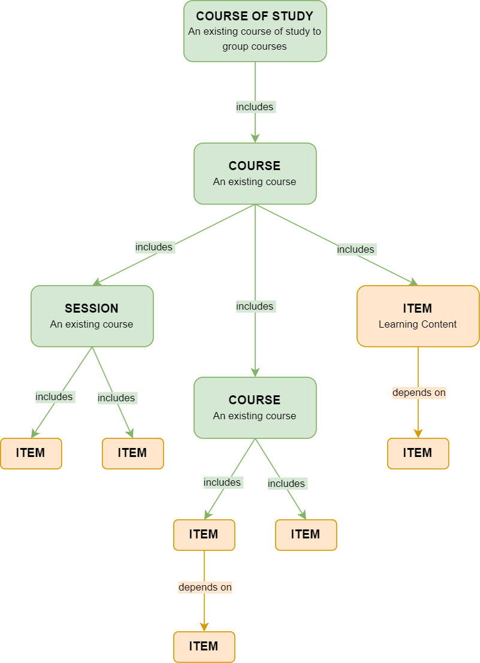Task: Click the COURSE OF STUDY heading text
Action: tap(255, 16)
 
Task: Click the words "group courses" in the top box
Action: tap(255, 46)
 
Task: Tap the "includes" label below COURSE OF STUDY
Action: tap(255, 107)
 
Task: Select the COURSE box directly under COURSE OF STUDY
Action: tap(255, 173)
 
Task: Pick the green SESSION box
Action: tap(92, 316)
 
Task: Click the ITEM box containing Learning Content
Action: tap(418, 316)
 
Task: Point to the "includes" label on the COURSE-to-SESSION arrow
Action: tap(154, 247)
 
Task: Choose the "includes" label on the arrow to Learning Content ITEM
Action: tap(355, 249)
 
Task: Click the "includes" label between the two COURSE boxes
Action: tap(255, 306)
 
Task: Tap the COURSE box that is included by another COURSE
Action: tap(255, 407)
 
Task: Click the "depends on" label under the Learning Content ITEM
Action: tap(419, 393)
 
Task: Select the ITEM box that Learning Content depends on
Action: tap(418, 453)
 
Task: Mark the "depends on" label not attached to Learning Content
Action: tap(205, 587)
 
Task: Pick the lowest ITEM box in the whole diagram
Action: tap(204, 646)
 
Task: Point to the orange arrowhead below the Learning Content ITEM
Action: tap(418, 433)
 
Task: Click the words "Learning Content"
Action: tap(418, 324)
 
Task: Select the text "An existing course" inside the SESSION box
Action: tap(92, 324)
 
